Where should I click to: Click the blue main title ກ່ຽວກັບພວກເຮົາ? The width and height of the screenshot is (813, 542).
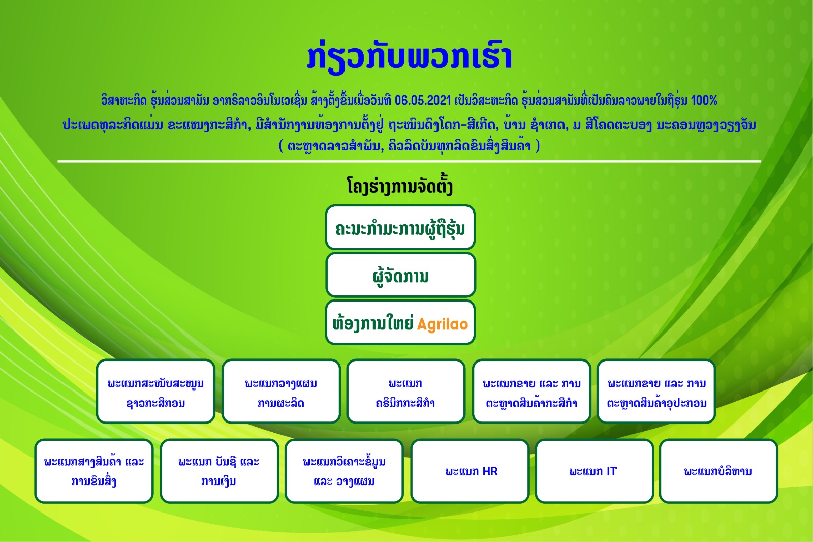[410, 57]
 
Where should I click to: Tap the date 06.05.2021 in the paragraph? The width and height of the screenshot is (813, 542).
[422, 100]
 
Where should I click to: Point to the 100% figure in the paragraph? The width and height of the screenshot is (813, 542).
[704, 100]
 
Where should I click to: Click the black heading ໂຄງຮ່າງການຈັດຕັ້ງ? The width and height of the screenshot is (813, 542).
[400, 187]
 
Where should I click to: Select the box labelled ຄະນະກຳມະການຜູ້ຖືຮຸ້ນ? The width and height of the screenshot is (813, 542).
[400, 227]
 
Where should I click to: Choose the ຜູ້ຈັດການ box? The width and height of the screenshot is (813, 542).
[400, 275]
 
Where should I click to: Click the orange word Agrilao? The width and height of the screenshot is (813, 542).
[443, 324]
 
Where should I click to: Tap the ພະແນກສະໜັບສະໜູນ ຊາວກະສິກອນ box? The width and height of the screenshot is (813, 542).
[155, 392]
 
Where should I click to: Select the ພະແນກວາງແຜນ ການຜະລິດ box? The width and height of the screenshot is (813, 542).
[281, 392]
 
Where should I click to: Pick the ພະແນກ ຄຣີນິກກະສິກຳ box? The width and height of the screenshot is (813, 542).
[406, 392]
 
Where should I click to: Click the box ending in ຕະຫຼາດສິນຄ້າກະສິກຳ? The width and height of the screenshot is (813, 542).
[531, 392]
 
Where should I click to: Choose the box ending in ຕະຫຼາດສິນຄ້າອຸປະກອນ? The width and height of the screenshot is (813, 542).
[656, 392]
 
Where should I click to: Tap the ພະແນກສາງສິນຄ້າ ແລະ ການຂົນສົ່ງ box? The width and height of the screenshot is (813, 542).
[94, 471]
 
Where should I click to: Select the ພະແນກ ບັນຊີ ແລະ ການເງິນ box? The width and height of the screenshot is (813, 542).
[219, 471]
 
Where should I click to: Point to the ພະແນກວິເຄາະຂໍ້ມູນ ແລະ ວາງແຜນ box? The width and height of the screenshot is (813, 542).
[344, 471]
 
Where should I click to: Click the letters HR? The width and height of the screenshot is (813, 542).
[490, 471]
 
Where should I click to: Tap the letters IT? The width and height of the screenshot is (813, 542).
[612, 471]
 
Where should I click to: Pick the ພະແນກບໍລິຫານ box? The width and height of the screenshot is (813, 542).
[718, 471]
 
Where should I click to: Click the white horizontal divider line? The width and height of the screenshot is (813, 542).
[409, 161]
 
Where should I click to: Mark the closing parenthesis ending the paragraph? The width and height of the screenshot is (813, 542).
[538, 146]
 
